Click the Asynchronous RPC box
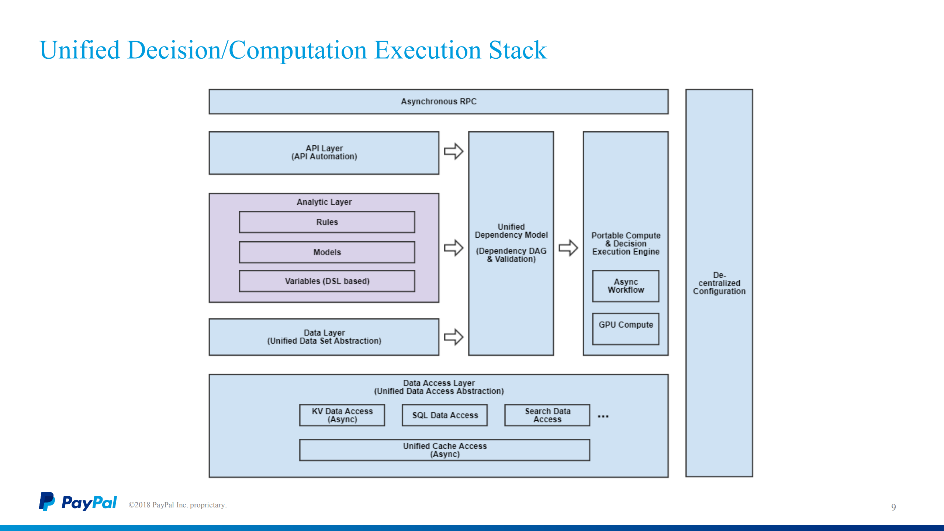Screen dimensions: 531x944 438,101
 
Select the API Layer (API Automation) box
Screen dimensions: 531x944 324,153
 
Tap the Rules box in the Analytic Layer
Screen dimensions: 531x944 327,222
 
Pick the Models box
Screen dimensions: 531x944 327,252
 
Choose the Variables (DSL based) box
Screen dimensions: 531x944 327,281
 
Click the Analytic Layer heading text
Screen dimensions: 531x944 324,202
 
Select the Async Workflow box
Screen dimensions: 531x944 626,286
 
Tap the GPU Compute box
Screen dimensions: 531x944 626,328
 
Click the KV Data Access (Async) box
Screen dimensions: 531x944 342,415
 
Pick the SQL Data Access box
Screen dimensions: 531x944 445,415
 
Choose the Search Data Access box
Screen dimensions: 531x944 547,415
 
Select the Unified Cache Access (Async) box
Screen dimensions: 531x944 445,450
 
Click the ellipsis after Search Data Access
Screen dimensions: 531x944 603,416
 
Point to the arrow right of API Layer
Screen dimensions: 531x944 453,151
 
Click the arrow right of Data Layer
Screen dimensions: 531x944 453,337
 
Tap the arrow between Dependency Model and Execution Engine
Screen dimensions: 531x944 568,248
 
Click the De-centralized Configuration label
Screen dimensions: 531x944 719,283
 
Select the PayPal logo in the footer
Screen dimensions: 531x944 78,502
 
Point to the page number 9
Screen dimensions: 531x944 893,507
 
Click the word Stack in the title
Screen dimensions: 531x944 517,50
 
